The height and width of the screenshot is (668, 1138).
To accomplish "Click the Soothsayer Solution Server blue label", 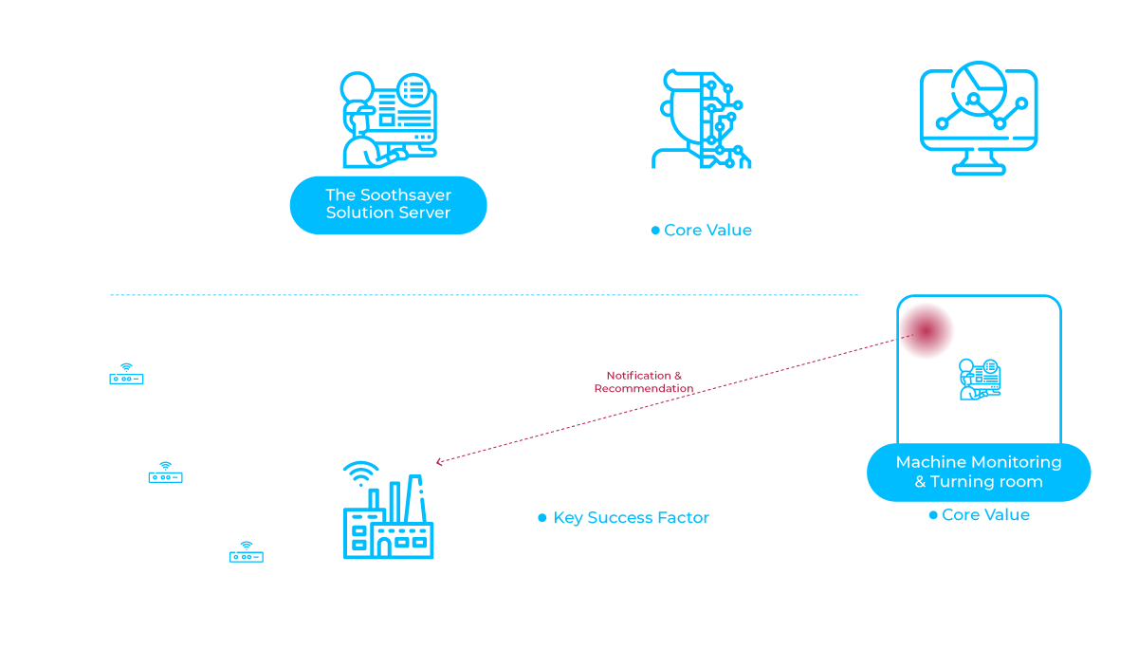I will (388, 204).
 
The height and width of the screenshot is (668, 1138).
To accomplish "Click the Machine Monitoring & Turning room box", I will (979, 472).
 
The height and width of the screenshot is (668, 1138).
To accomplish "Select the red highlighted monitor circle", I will (927, 329).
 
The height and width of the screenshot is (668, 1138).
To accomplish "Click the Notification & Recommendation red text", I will (644, 382).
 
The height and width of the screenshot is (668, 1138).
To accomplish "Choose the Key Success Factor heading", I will (631, 518).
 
